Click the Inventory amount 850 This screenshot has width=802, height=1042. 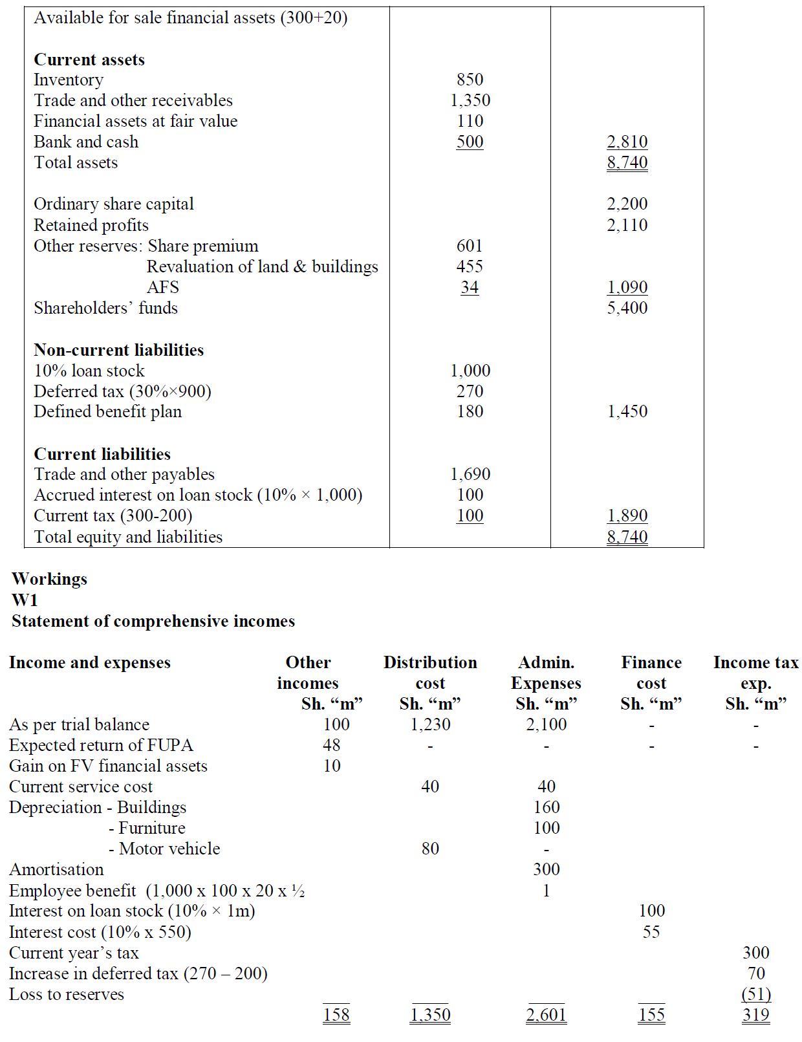470,80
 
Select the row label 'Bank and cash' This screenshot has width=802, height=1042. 86,142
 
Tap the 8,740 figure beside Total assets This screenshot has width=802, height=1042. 627,162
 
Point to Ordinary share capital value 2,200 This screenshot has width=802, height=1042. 627,204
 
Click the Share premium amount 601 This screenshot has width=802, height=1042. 470,246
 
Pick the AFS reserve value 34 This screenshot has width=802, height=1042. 470,287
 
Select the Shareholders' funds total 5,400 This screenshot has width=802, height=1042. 627,308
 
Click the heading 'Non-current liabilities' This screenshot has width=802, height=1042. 118,350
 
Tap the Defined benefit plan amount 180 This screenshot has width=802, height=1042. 470,411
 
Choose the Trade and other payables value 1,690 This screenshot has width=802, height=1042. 470,474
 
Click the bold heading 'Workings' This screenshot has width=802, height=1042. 49,579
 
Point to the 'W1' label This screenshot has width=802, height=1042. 25,600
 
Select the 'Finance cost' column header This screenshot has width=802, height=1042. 651,673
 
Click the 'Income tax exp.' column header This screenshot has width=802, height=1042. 755,673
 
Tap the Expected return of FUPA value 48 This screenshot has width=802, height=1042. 332,745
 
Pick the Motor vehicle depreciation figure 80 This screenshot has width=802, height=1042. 430,849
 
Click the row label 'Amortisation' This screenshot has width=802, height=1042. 56,869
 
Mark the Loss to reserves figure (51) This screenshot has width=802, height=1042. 756,994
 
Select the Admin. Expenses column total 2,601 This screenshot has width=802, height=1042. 546,1015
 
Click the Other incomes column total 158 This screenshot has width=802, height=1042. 336,1015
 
